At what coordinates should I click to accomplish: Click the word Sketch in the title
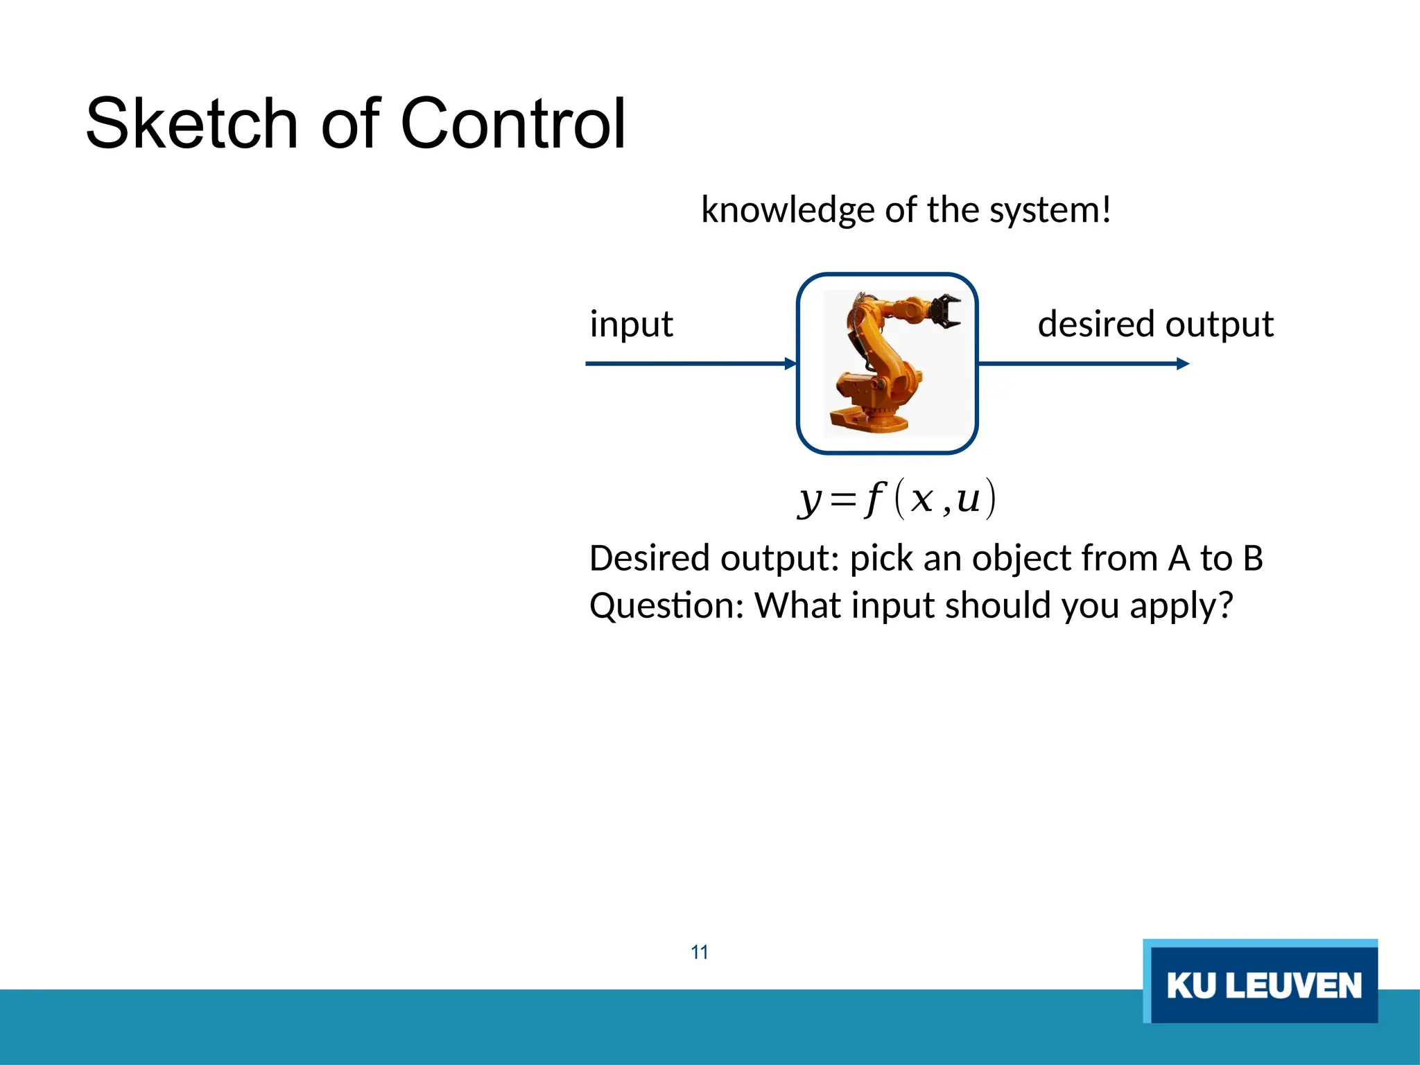click(191, 125)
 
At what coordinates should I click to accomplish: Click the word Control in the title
click(513, 125)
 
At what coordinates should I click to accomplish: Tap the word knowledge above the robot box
click(788, 210)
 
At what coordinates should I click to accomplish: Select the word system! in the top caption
click(1050, 210)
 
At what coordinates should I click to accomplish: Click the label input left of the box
click(631, 324)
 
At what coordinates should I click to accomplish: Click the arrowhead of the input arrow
click(790, 363)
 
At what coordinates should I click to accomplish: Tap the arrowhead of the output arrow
click(1183, 363)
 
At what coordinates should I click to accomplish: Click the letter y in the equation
click(810, 499)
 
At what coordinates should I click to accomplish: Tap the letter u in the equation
click(968, 499)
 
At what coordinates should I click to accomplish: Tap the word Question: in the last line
click(666, 606)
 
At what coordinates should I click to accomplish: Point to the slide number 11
click(700, 952)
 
